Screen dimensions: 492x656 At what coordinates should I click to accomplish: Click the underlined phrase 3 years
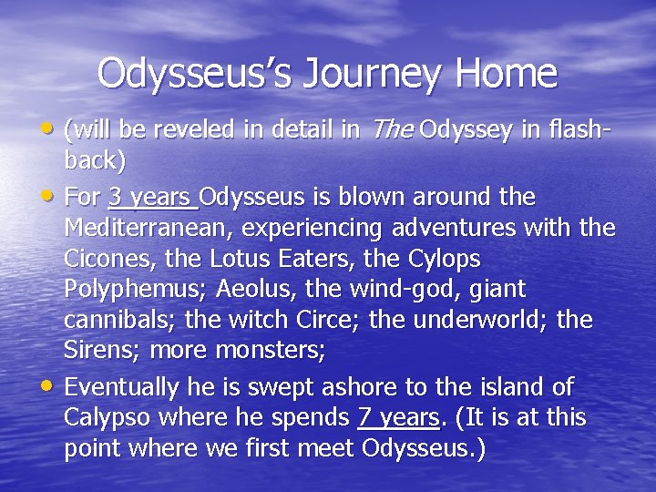coord(151,197)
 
